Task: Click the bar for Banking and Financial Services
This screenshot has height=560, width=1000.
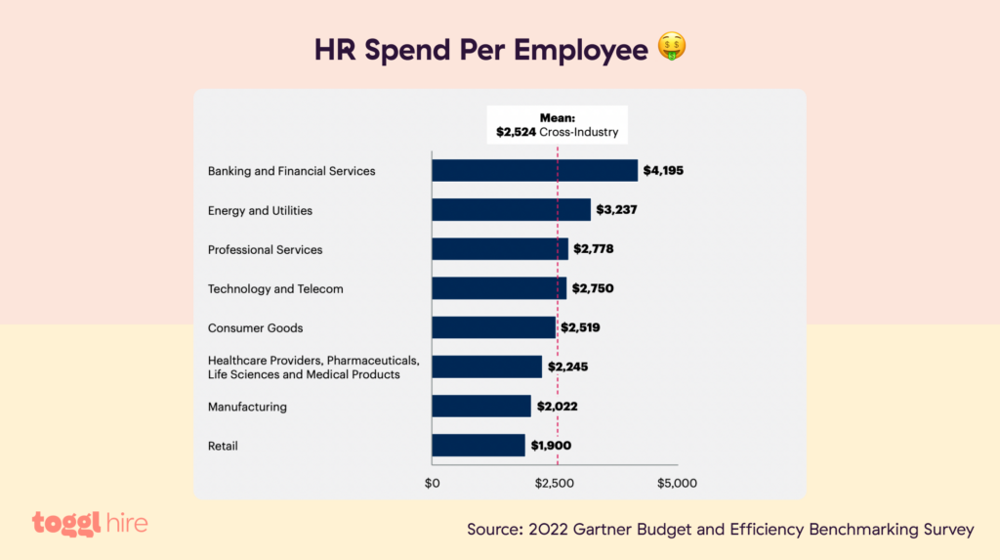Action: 534,171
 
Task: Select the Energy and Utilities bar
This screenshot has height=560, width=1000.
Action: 511,210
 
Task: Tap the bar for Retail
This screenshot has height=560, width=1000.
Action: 479,446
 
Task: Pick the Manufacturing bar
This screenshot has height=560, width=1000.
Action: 481,407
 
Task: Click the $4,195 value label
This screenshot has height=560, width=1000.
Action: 663,171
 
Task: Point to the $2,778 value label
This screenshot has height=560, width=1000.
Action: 594,249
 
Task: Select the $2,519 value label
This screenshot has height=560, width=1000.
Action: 579,327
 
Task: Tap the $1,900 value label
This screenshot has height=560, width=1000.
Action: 551,446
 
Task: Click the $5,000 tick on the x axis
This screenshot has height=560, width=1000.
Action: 677,483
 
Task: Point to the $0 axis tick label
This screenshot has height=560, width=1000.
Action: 432,483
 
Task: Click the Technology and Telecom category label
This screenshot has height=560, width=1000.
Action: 275,288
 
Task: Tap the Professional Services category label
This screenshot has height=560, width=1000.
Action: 265,249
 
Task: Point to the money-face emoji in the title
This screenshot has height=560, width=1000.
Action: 671,47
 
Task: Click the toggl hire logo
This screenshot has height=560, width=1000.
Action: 90,524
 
